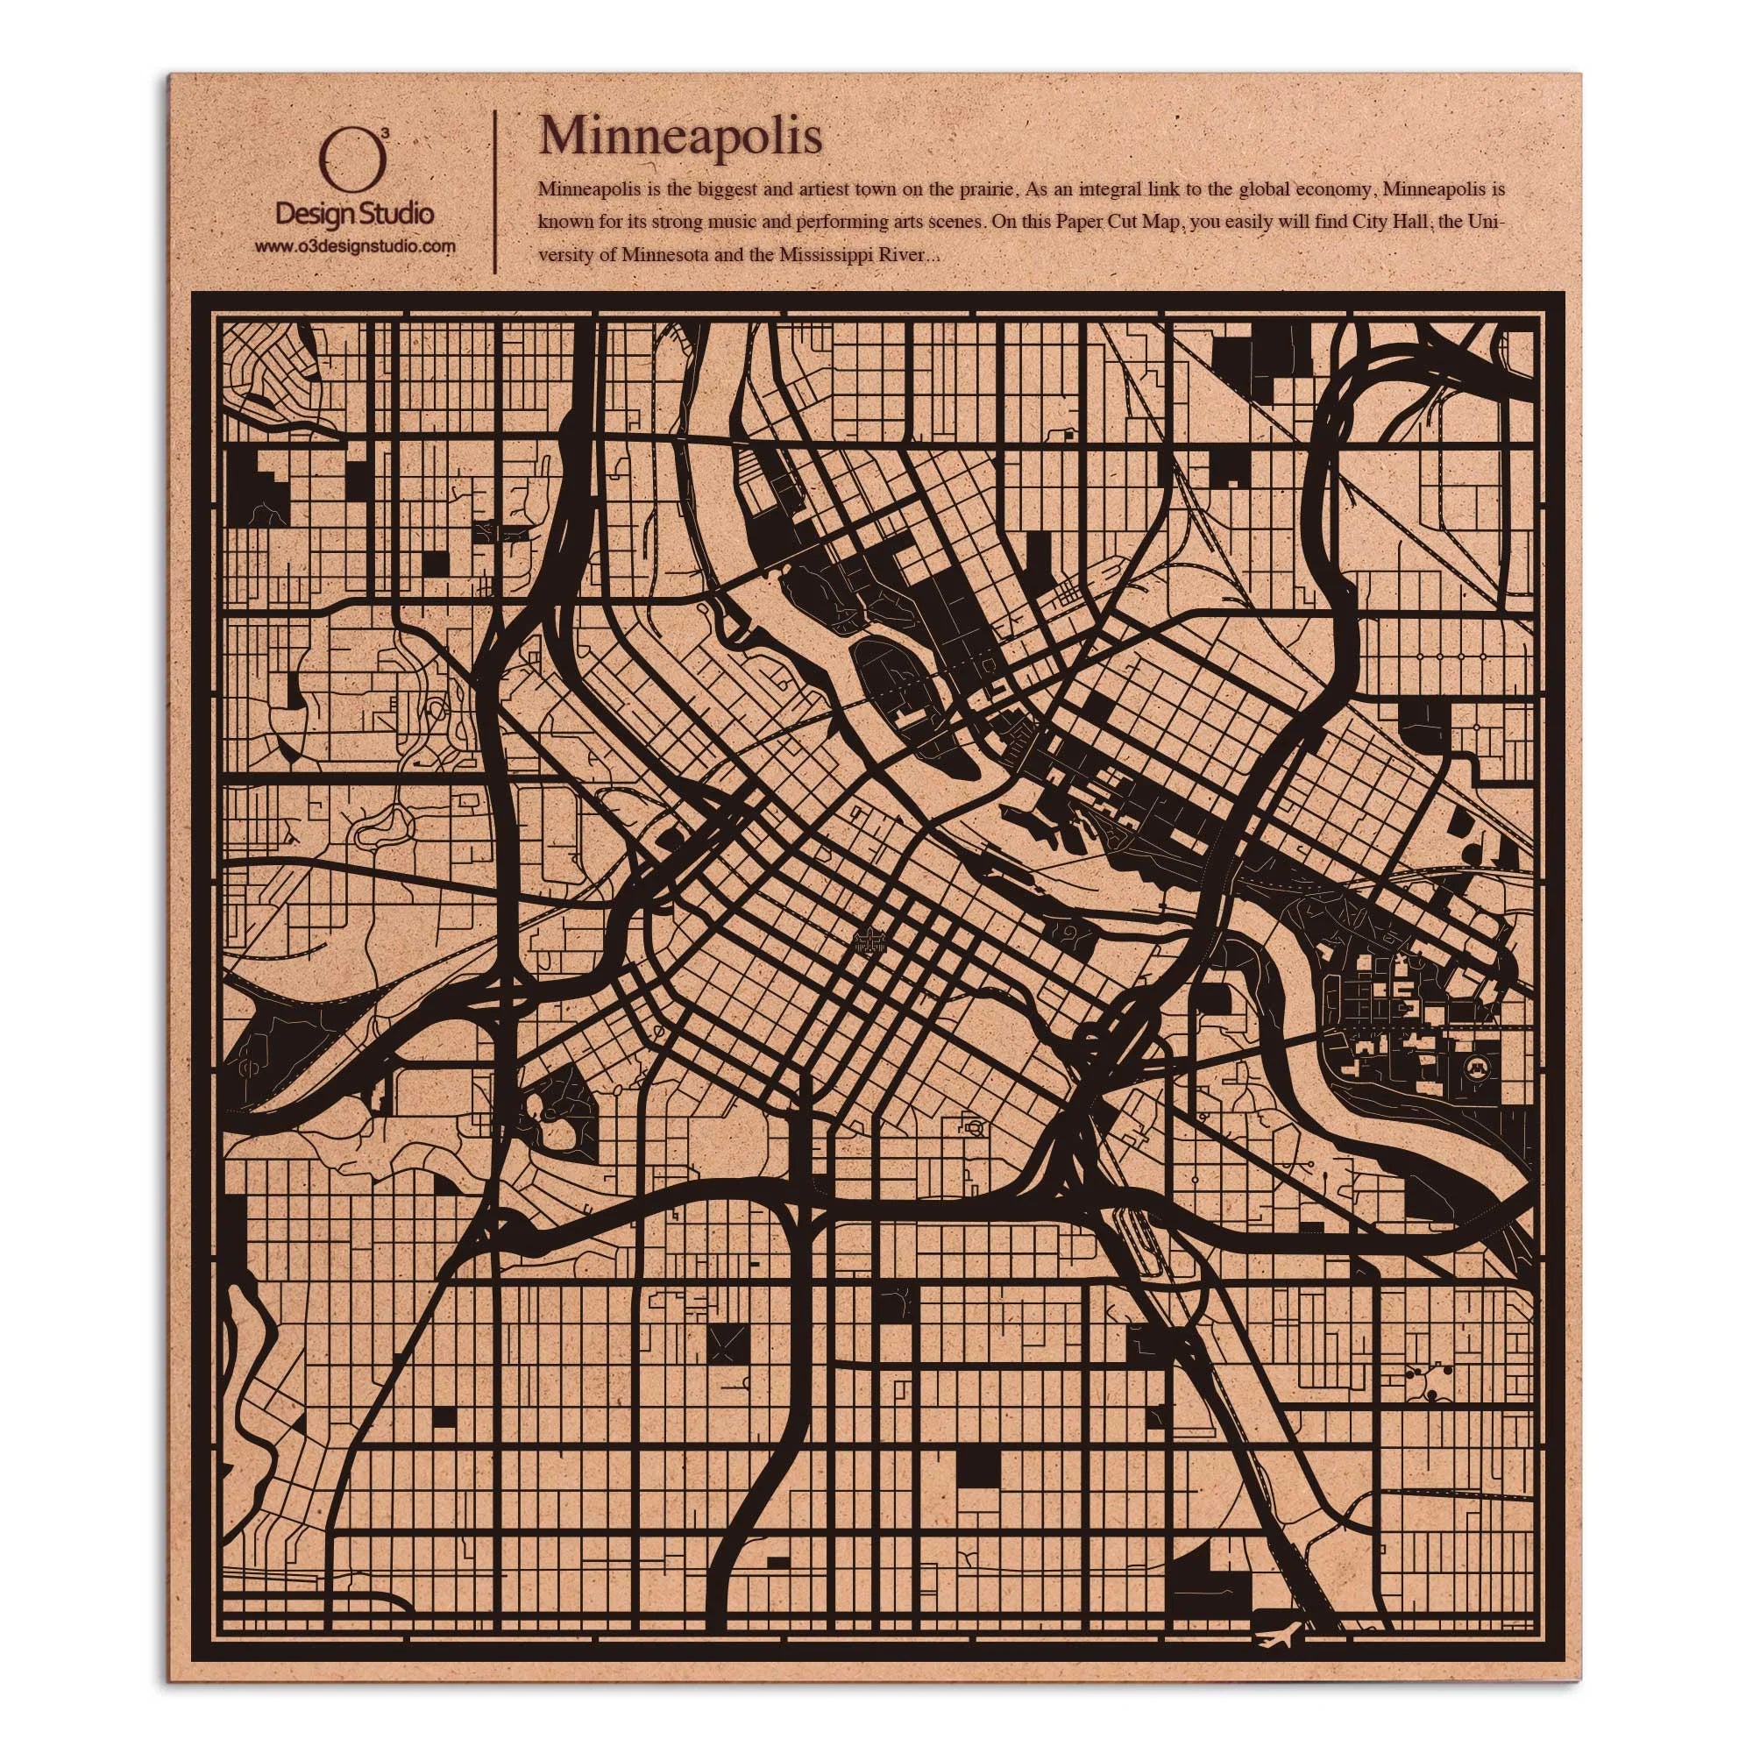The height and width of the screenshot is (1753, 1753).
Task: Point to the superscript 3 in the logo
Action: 387,133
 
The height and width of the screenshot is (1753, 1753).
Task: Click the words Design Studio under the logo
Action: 354,214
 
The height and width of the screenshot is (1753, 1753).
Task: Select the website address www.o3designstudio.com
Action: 355,246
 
